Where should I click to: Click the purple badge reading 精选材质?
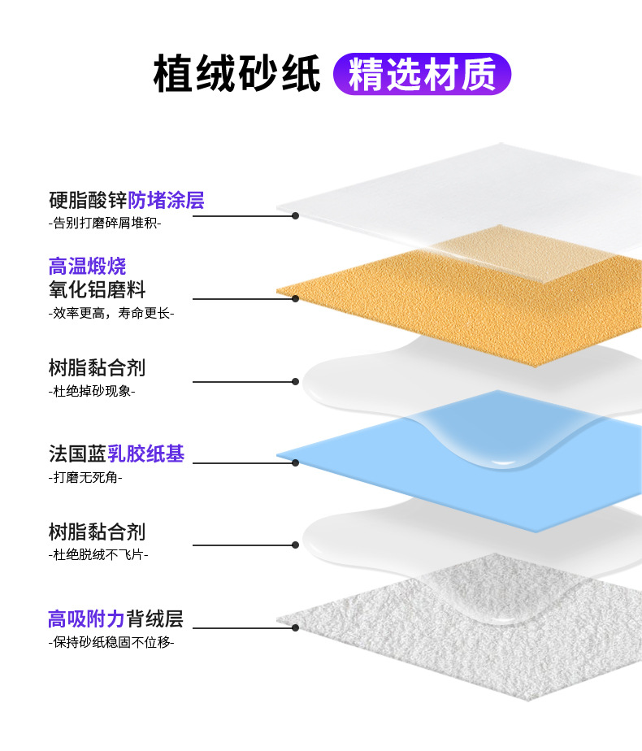point(422,75)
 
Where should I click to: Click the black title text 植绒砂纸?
point(237,75)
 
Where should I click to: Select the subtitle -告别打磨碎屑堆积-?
point(105,223)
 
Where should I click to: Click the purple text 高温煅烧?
point(87,266)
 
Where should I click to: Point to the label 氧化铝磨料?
point(97,289)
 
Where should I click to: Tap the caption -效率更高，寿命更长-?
point(111,312)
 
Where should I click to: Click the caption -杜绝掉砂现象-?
point(92,391)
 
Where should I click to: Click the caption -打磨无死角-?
point(85,477)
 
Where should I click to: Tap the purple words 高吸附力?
point(86,619)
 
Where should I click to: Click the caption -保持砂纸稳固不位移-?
point(111,642)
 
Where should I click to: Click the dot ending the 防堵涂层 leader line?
point(295,216)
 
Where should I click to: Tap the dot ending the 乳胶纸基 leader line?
point(295,462)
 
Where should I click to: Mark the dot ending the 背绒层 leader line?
point(295,627)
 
